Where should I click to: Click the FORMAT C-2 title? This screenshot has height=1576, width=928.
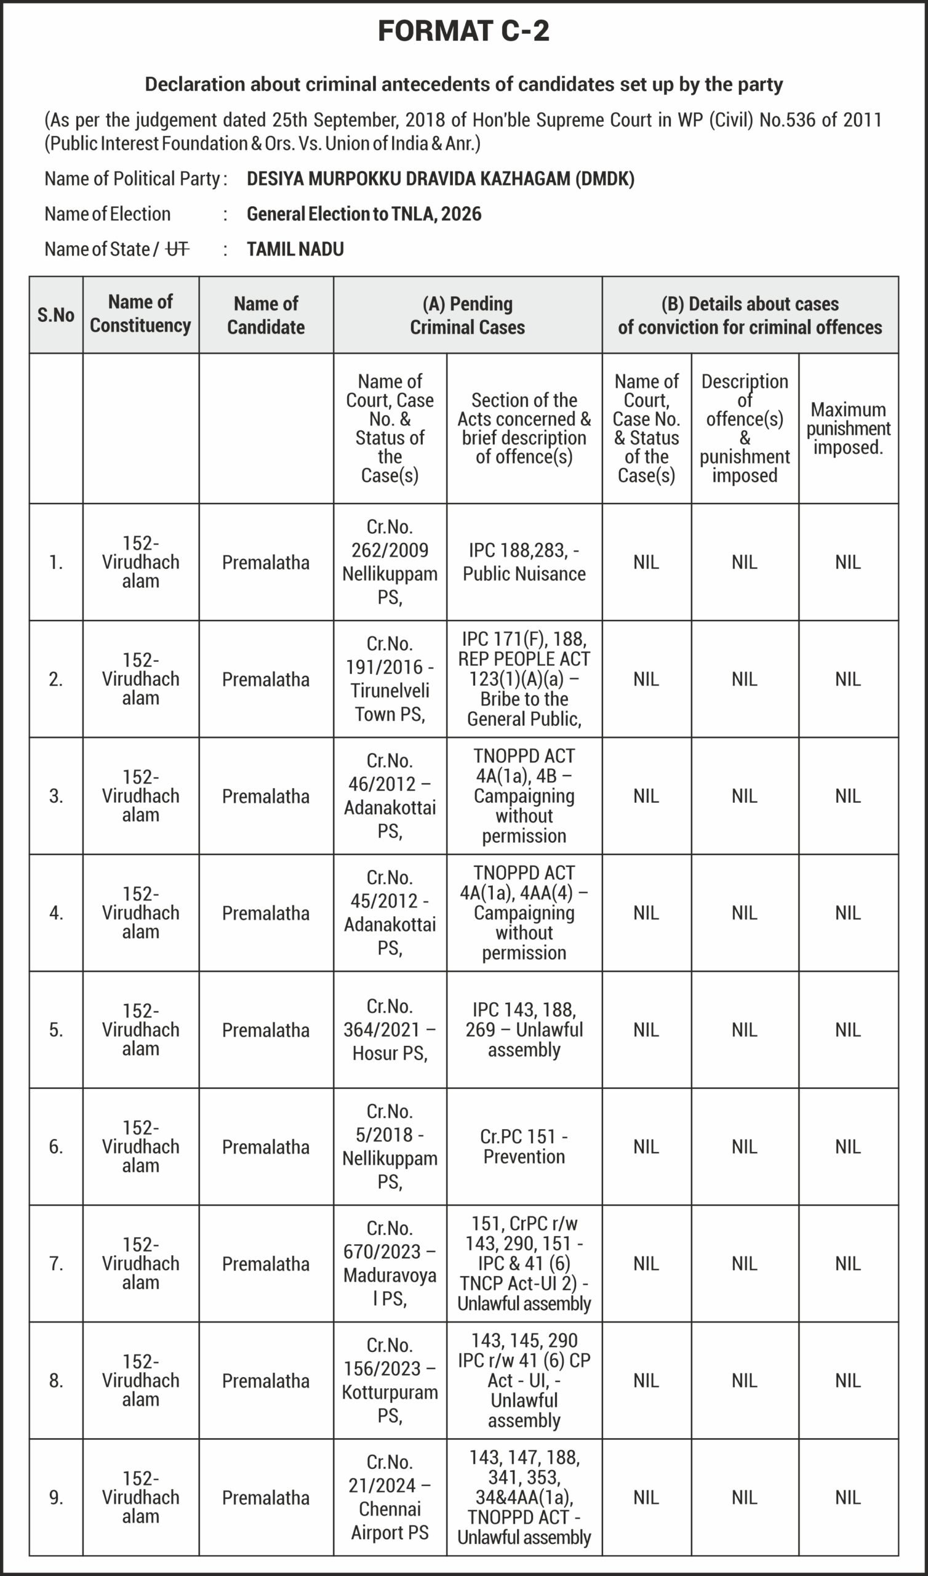463,31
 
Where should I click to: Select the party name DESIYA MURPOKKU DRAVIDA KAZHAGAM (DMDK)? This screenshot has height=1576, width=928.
440,179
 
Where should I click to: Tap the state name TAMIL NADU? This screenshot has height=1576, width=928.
295,249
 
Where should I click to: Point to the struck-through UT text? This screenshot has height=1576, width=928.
177,249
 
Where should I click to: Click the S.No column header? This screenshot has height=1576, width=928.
55,315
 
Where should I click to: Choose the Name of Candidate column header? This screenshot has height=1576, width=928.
266,315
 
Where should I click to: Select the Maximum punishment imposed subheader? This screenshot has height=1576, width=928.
848,428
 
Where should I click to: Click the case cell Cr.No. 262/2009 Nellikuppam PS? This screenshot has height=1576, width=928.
390,561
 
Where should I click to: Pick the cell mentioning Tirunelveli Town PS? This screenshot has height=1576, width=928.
390,678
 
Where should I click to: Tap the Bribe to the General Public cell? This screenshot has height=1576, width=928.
524,678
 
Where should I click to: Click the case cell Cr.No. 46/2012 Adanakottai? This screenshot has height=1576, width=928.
390,795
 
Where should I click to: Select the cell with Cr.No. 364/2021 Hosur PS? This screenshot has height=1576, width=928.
390,1029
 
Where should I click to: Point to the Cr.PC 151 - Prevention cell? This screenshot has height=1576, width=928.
524,1146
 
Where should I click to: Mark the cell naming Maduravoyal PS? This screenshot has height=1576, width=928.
390,1263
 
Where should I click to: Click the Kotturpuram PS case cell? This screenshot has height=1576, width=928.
390,1380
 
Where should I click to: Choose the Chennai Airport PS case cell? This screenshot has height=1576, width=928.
390,1497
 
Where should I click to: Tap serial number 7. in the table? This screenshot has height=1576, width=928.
55,1263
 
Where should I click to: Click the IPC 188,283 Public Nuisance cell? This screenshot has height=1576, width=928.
524,561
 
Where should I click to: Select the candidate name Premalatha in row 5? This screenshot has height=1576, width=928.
266,1030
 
